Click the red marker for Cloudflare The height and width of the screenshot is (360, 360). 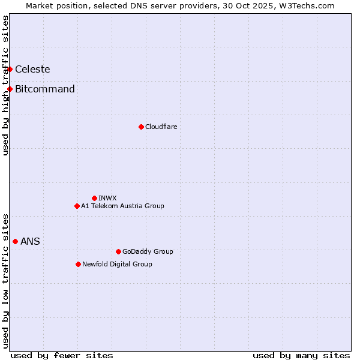point(141,127)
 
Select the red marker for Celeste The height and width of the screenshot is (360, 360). point(10,69)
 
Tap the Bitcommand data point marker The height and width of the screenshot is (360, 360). point(10,89)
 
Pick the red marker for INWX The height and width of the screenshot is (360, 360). point(94,198)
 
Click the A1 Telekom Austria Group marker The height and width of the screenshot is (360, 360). point(77,206)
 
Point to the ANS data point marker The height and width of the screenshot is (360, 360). point(15,241)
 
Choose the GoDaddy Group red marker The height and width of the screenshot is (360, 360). point(118,251)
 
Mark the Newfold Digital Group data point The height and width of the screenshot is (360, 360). point(78,264)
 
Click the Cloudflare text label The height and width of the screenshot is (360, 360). point(161,127)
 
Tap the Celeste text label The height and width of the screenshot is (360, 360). point(32,69)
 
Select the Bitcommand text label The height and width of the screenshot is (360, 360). point(45,89)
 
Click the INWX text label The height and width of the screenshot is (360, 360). point(107,198)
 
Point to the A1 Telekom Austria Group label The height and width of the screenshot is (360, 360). point(122,206)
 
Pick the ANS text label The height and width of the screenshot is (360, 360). point(30,241)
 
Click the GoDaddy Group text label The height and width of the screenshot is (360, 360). point(148,251)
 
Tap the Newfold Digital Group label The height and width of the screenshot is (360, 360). point(117,264)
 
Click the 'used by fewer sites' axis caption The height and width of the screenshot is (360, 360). point(62,355)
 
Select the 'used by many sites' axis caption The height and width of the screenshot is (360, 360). point(301,355)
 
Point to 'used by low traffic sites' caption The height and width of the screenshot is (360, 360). point(5,281)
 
